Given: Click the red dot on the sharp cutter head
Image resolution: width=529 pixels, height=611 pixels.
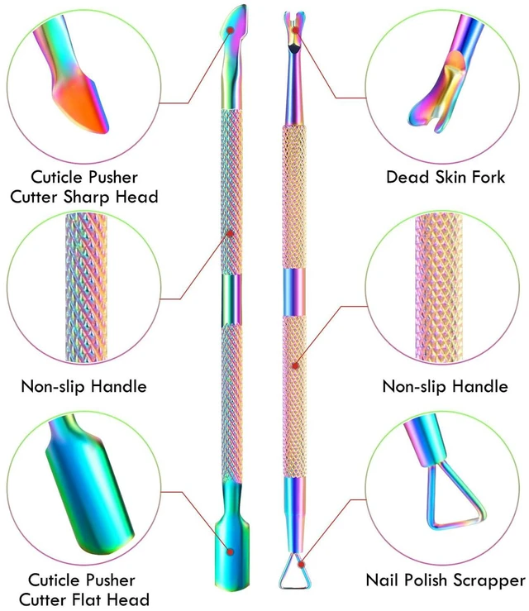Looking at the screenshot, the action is [231, 30].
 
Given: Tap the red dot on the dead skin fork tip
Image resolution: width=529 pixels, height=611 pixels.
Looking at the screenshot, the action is [296, 30].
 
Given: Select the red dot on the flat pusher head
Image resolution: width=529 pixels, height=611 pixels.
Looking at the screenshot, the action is [231, 551].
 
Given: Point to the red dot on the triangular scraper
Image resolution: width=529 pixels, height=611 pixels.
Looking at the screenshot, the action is [301, 564].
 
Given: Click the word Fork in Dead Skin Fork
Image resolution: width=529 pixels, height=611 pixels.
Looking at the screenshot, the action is [488, 177].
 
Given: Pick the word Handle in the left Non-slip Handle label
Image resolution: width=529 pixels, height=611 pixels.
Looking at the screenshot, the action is [119, 387].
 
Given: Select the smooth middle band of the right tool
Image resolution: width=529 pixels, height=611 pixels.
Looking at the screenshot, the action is [294, 292].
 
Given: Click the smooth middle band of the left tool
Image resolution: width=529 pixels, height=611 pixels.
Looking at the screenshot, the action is [231, 299].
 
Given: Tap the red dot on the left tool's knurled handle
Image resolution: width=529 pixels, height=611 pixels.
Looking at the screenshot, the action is [231, 233].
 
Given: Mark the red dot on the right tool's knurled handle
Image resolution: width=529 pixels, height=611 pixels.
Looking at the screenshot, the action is [295, 366].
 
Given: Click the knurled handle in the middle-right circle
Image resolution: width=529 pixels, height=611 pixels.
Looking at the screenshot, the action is [439, 288].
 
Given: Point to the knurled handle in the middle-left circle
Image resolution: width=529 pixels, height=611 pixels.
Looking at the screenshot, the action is [86, 287].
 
